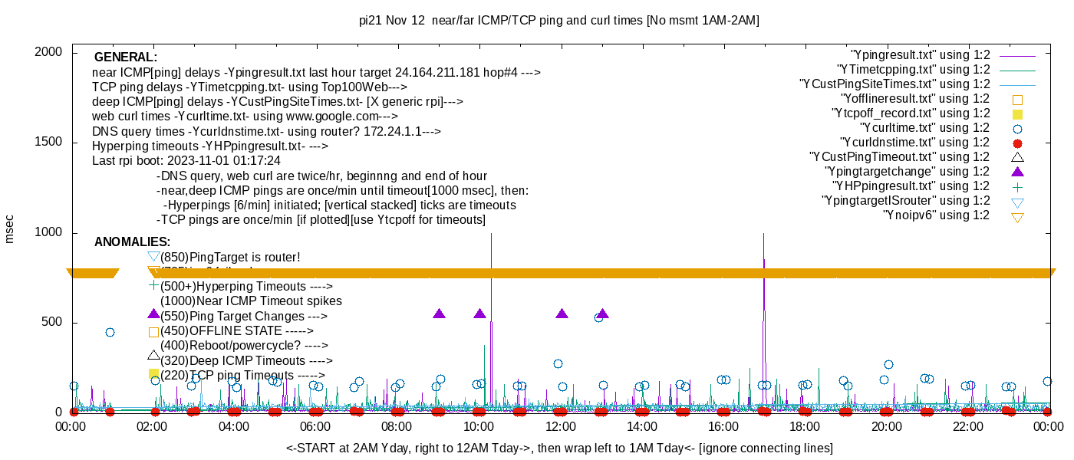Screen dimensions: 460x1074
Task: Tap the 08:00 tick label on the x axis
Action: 397,427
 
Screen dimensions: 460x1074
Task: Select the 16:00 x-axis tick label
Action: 723,427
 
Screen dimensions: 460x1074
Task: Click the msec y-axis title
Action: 10,229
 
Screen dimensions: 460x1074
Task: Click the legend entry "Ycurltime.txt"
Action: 924,128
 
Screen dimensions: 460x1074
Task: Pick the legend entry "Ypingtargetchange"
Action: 907,172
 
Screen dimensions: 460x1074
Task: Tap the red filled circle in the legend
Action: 1018,143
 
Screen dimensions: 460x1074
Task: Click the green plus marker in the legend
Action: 1018,186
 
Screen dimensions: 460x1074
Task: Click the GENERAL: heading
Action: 126,58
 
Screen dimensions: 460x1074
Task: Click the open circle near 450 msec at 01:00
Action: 110,332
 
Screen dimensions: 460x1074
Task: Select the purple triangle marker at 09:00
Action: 439,314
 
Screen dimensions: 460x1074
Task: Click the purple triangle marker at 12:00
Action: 562,314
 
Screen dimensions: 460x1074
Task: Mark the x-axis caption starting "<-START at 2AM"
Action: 559,448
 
